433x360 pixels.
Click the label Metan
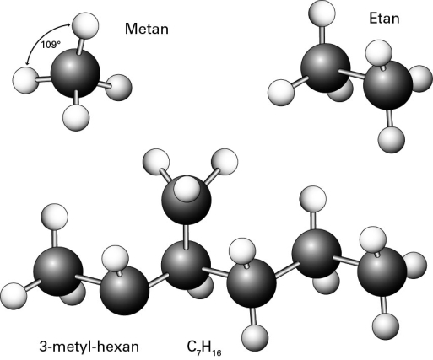point(147,29)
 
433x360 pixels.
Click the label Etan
point(384,19)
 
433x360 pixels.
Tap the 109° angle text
point(51,45)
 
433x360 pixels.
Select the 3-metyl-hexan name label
point(89,347)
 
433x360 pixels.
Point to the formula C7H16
point(204,347)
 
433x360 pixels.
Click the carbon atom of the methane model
point(75,73)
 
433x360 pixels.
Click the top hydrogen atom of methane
point(85,25)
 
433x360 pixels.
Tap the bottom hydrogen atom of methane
point(76,117)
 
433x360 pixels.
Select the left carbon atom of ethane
point(326,67)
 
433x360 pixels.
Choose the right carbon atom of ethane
point(387,85)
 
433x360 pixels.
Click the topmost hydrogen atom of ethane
point(322,13)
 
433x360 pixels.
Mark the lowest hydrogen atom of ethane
point(392,140)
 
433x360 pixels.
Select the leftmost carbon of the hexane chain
point(58,271)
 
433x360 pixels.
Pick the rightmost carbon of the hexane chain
point(382,272)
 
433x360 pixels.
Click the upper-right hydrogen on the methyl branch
point(225,162)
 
